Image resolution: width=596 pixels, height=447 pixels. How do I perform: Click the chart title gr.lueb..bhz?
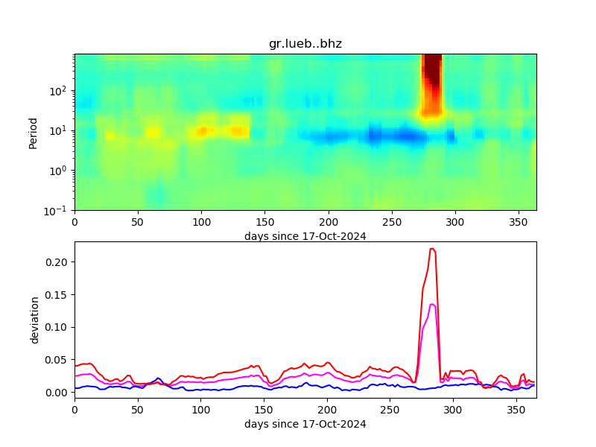(305, 44)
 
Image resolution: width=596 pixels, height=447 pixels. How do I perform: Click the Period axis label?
(33, 132)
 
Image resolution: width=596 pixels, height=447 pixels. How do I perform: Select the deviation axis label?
(34, 320)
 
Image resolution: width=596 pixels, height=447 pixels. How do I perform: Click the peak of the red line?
(432, 249)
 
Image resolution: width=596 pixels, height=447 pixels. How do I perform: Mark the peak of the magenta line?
(432, 304)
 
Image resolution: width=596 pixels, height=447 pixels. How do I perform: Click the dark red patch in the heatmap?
(431, 71)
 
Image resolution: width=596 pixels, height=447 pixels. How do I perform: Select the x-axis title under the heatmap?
(305, 236)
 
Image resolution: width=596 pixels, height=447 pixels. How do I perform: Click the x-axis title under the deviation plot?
(305, 424)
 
